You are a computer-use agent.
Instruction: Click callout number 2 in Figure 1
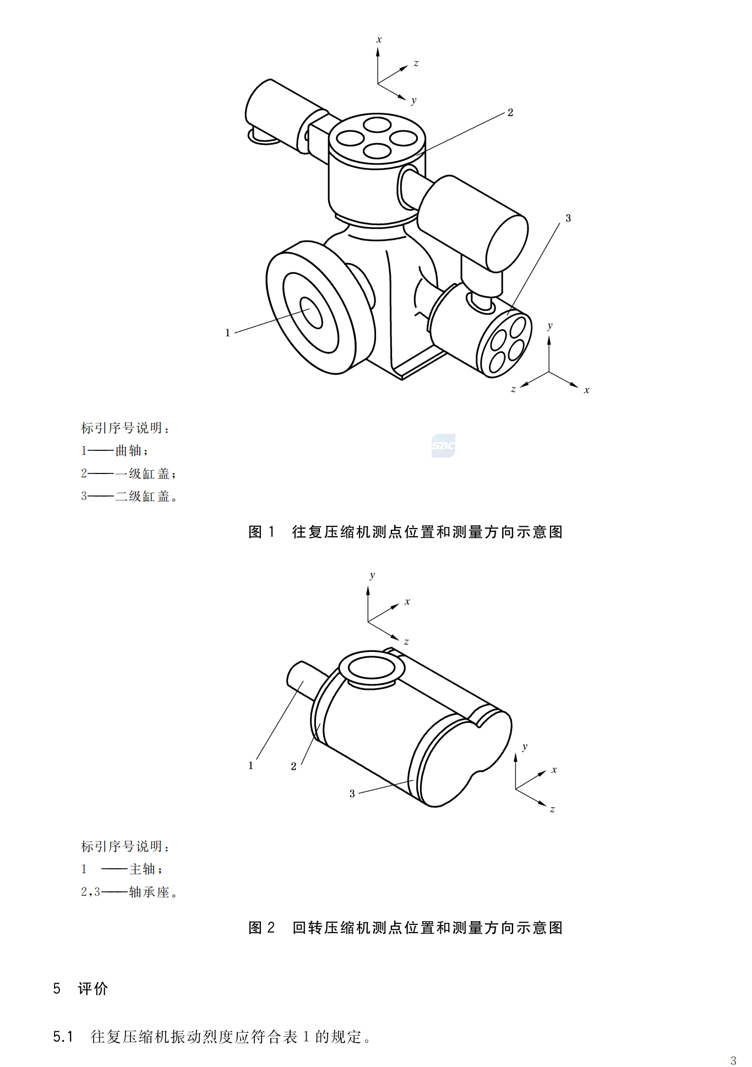point(510,113)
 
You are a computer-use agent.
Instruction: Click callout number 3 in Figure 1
point(568,219)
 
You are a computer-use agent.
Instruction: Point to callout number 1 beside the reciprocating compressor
point(227,333)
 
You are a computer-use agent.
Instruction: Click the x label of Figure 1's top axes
point(379,40)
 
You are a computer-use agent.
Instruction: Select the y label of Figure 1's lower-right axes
point(549,326)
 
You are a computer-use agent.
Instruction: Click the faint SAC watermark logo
point(443,445)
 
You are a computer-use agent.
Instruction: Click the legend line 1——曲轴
point(115,451)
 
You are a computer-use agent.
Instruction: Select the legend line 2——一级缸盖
point(128,473)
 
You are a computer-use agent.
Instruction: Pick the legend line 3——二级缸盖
point(129,497)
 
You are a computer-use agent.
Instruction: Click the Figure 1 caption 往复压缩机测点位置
point(405,532)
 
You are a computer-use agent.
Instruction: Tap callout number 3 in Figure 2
point(352,794)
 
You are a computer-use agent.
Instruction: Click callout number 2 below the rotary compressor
point(293,766)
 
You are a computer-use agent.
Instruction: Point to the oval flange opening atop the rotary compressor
point(372,668)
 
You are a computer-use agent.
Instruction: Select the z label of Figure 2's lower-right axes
point(552,809)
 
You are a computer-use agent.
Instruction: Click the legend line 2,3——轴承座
point(129,892)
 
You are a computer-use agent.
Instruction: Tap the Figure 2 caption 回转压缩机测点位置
point(405,928)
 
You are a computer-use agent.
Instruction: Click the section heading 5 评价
point(81,989)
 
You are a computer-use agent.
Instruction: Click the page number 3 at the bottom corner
point(733,1060)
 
